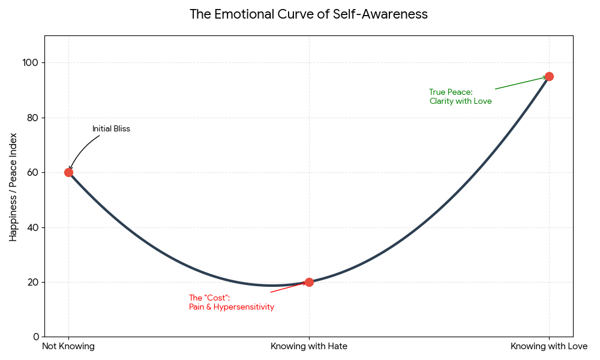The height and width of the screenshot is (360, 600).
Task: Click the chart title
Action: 308,14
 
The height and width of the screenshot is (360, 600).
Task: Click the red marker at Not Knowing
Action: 68,172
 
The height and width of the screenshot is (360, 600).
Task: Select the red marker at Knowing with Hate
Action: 309,282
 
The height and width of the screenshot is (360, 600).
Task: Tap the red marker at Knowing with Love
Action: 549,76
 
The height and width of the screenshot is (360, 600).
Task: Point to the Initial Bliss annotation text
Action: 111,129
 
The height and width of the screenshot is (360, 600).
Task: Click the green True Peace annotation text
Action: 460,97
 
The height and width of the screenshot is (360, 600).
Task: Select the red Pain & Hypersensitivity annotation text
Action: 231,302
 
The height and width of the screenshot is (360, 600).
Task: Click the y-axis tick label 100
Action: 30,63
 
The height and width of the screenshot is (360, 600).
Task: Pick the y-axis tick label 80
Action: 32,118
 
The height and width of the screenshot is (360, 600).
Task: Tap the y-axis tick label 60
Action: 32,173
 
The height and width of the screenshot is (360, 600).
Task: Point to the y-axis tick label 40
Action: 32,227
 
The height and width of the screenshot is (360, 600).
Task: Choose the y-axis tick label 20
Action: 32,282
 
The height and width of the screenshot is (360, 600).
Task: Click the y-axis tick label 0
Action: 35,337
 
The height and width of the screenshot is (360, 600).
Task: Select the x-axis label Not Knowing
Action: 68,346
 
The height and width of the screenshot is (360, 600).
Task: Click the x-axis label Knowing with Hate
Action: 309,346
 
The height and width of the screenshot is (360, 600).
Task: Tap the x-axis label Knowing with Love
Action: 549,346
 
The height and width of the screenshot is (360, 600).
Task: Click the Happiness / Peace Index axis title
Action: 13,187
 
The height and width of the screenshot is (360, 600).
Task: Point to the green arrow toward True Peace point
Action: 520,83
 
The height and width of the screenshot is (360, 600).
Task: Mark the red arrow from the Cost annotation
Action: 288,287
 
